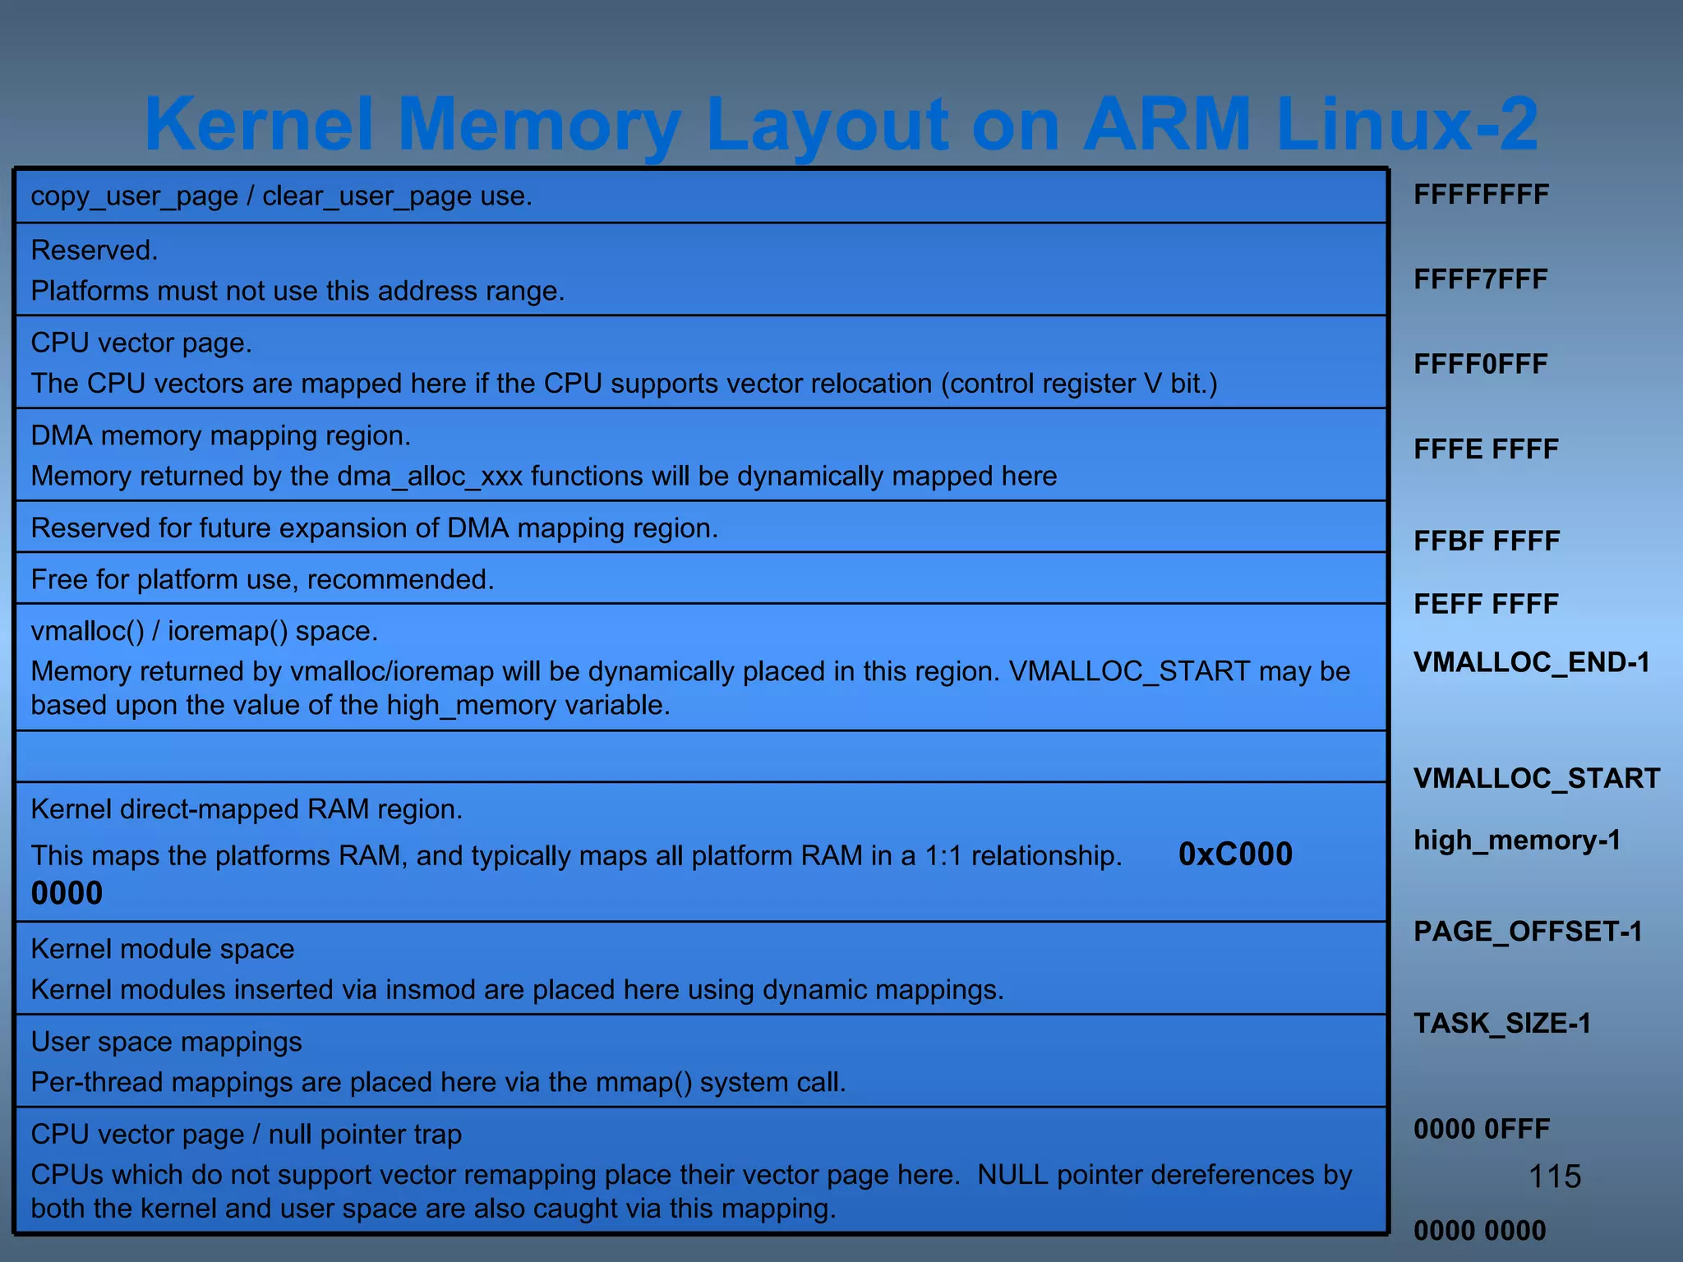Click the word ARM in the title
pos(1168,124)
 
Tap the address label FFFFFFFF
pos(1481,195)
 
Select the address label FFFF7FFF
pos(1480,279)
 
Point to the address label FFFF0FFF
pos(1480,364)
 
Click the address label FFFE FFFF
pos(1486,449)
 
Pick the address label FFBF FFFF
pos(1487,541)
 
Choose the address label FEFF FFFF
pos(1486,605)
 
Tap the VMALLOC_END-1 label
pos(1532,662)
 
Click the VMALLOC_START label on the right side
pos(1537,778)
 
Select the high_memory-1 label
pos(1517,840)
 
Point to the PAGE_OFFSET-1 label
pos(1528,931)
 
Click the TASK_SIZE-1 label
pos(1502,1023)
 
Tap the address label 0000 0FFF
pos(1482,1129)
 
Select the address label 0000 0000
pos(1479,1231)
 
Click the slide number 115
pos(1555,1177)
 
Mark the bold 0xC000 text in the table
pos(1235,854)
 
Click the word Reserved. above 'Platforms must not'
pos(95,250)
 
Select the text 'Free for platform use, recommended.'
pos(262,579)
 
